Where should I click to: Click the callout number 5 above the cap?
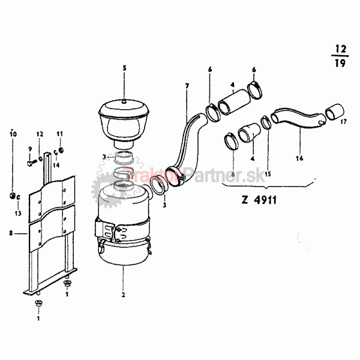point(124,68)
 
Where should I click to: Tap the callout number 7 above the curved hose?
point(187,86)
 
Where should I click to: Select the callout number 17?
point(343,121)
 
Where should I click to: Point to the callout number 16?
point(299,158)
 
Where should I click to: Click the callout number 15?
point(268,174)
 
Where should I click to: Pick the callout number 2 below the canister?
point(123,295)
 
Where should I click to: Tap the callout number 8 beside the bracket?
point(11,233)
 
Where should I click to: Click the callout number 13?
point(18,213)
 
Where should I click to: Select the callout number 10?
point(13,134)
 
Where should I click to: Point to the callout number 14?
point(56,165)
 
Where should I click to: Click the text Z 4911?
point(259,200)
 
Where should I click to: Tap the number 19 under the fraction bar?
point(340,62)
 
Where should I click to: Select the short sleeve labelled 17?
point(335,112)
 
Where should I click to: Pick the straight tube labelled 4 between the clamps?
point(234,102)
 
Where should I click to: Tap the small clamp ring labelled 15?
point(266,122)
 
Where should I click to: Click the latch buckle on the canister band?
point(104,230)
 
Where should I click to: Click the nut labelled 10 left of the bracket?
point(13,196)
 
